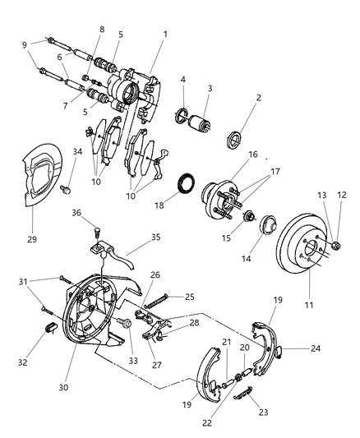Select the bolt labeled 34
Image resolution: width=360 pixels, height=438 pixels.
click(x=69, y=190)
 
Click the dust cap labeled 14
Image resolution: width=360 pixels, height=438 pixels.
click(x=268, y=228)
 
